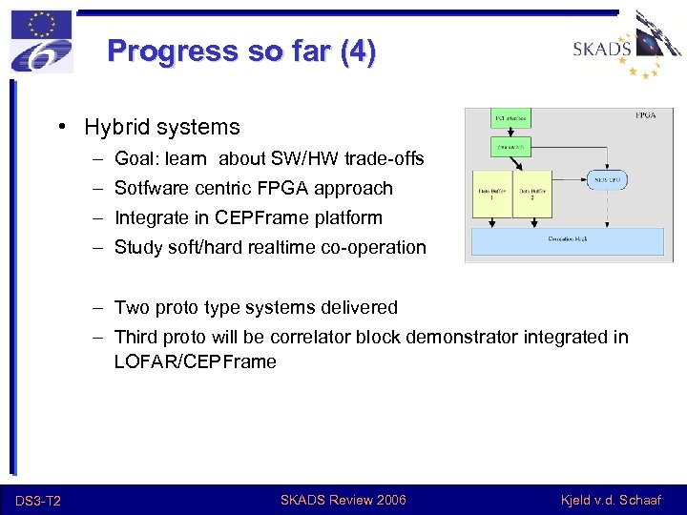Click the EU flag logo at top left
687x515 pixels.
41,40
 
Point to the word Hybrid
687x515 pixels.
114,127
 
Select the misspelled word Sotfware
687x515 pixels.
150,189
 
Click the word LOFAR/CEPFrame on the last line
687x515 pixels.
195,362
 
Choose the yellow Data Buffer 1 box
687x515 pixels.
492,194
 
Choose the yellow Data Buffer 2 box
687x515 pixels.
532,194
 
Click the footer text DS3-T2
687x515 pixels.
38,501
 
